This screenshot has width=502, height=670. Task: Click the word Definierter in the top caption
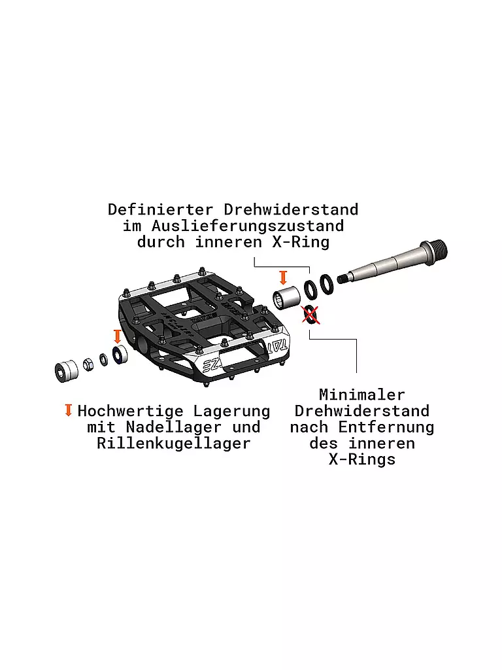(x=160, y=209)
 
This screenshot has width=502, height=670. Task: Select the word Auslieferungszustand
(x=248, y=226)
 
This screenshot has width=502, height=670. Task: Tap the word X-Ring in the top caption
(x=301, y=242)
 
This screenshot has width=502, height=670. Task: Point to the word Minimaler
(x=362, y=394)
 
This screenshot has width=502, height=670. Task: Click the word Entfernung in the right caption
(x=386, y=427)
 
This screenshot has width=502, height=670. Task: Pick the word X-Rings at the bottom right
(x=362, y=459)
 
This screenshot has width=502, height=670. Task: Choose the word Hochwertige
(x=131, y=411)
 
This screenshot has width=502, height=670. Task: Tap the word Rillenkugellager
(x=174, y=443)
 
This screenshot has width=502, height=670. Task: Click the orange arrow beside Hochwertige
(x=68, y=410)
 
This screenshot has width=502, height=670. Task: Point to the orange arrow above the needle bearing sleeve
(x=283, y=277)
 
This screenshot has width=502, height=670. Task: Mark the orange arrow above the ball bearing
(x=118, y=336)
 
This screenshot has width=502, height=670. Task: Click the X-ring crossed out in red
(x=310, y=315)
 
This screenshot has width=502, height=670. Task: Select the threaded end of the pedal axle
(x=435, y=249)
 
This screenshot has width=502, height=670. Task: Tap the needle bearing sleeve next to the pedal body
(x=287, y=298)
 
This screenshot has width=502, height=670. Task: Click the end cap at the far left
(x=66, y=371)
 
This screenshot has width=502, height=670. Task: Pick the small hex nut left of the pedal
(x=88, y=364)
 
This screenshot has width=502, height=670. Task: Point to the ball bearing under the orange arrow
(x=120, y=355)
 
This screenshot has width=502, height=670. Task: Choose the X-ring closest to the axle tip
(x=327, y=284)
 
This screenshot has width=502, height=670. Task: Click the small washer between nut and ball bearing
(x=104, y=359)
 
